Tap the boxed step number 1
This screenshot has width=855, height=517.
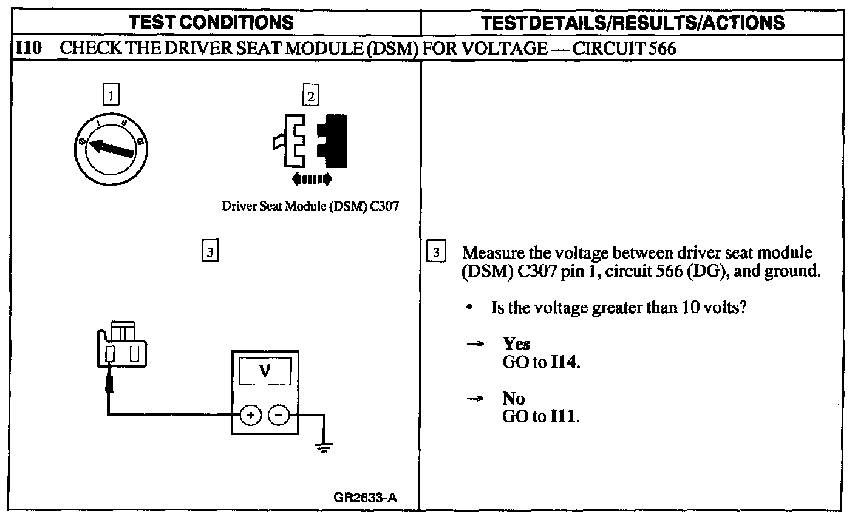[x=111, y=95]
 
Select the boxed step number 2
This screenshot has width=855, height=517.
[x=310, y=96]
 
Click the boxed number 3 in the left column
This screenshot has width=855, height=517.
[x=209, y=251]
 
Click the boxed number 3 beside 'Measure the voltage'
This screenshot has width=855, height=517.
[x=437, y=252]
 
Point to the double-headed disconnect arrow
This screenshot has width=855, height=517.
[x=312, y=178]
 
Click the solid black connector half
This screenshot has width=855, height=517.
[x=335, y=140]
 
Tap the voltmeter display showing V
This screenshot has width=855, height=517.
[x=265, y=371]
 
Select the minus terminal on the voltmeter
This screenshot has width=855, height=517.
[x=279, y=415]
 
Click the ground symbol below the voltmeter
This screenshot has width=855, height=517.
[x=324, y=448]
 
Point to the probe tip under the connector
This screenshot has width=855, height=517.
[x=109, y=384]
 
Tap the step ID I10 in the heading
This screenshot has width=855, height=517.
[x=28, y=49]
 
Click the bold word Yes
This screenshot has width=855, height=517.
[x=516, y=344]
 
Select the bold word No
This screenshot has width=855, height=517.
[x=514, y=399]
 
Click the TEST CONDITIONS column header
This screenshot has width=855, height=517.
[x=212, y=22]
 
